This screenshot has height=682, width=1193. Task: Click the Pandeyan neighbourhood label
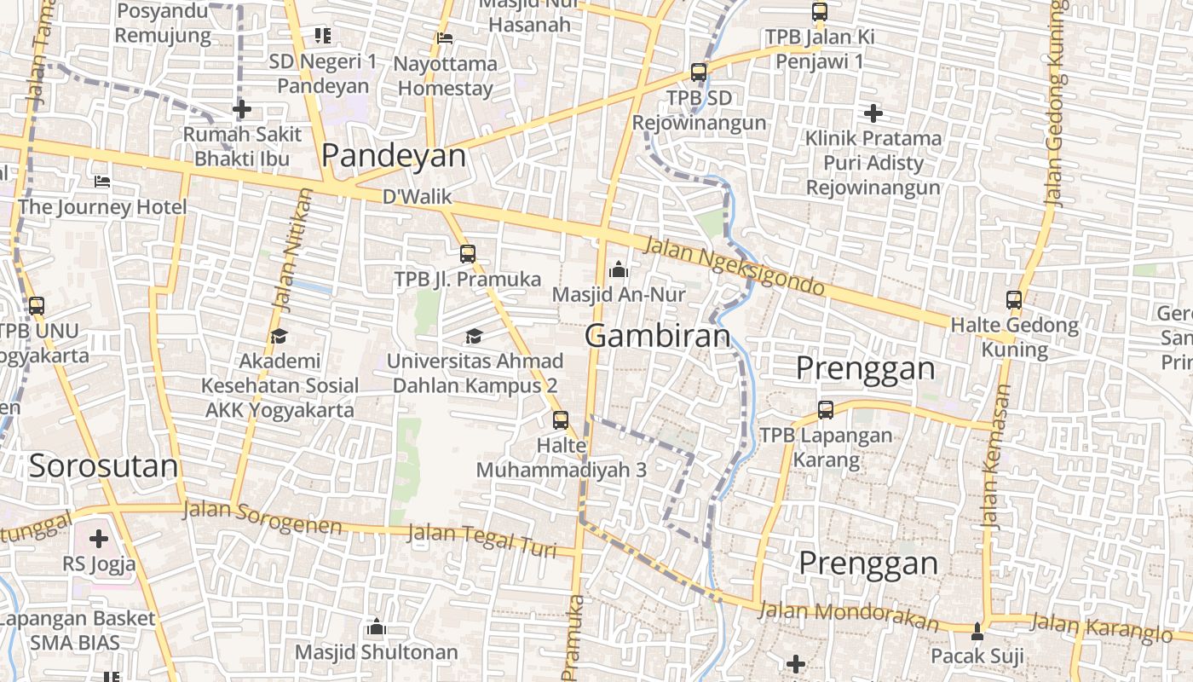394,156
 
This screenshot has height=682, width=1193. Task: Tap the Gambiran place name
658,336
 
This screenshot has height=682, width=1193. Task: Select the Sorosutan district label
103,466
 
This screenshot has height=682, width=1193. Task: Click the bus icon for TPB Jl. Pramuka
467,253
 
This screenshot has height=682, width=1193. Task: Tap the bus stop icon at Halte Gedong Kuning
1014,300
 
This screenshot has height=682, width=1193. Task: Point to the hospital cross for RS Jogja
99,539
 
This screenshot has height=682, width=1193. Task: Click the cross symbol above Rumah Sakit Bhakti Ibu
242,109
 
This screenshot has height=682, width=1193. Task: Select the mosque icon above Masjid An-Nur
619,269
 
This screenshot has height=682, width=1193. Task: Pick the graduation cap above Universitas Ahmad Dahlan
474,336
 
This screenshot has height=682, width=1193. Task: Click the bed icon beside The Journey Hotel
102,182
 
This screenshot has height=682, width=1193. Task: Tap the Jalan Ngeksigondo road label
735,267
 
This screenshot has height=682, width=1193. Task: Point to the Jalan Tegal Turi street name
481,540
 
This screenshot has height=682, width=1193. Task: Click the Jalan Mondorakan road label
847,616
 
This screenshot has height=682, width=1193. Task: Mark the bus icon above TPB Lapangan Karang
825,410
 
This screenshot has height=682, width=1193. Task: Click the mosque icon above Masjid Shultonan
377,628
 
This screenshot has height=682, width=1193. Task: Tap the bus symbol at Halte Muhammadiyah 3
560,419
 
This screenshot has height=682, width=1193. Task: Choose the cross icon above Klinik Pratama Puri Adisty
873,113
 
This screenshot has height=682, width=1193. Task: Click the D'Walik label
417,197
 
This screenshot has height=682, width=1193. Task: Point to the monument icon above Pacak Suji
977,632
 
